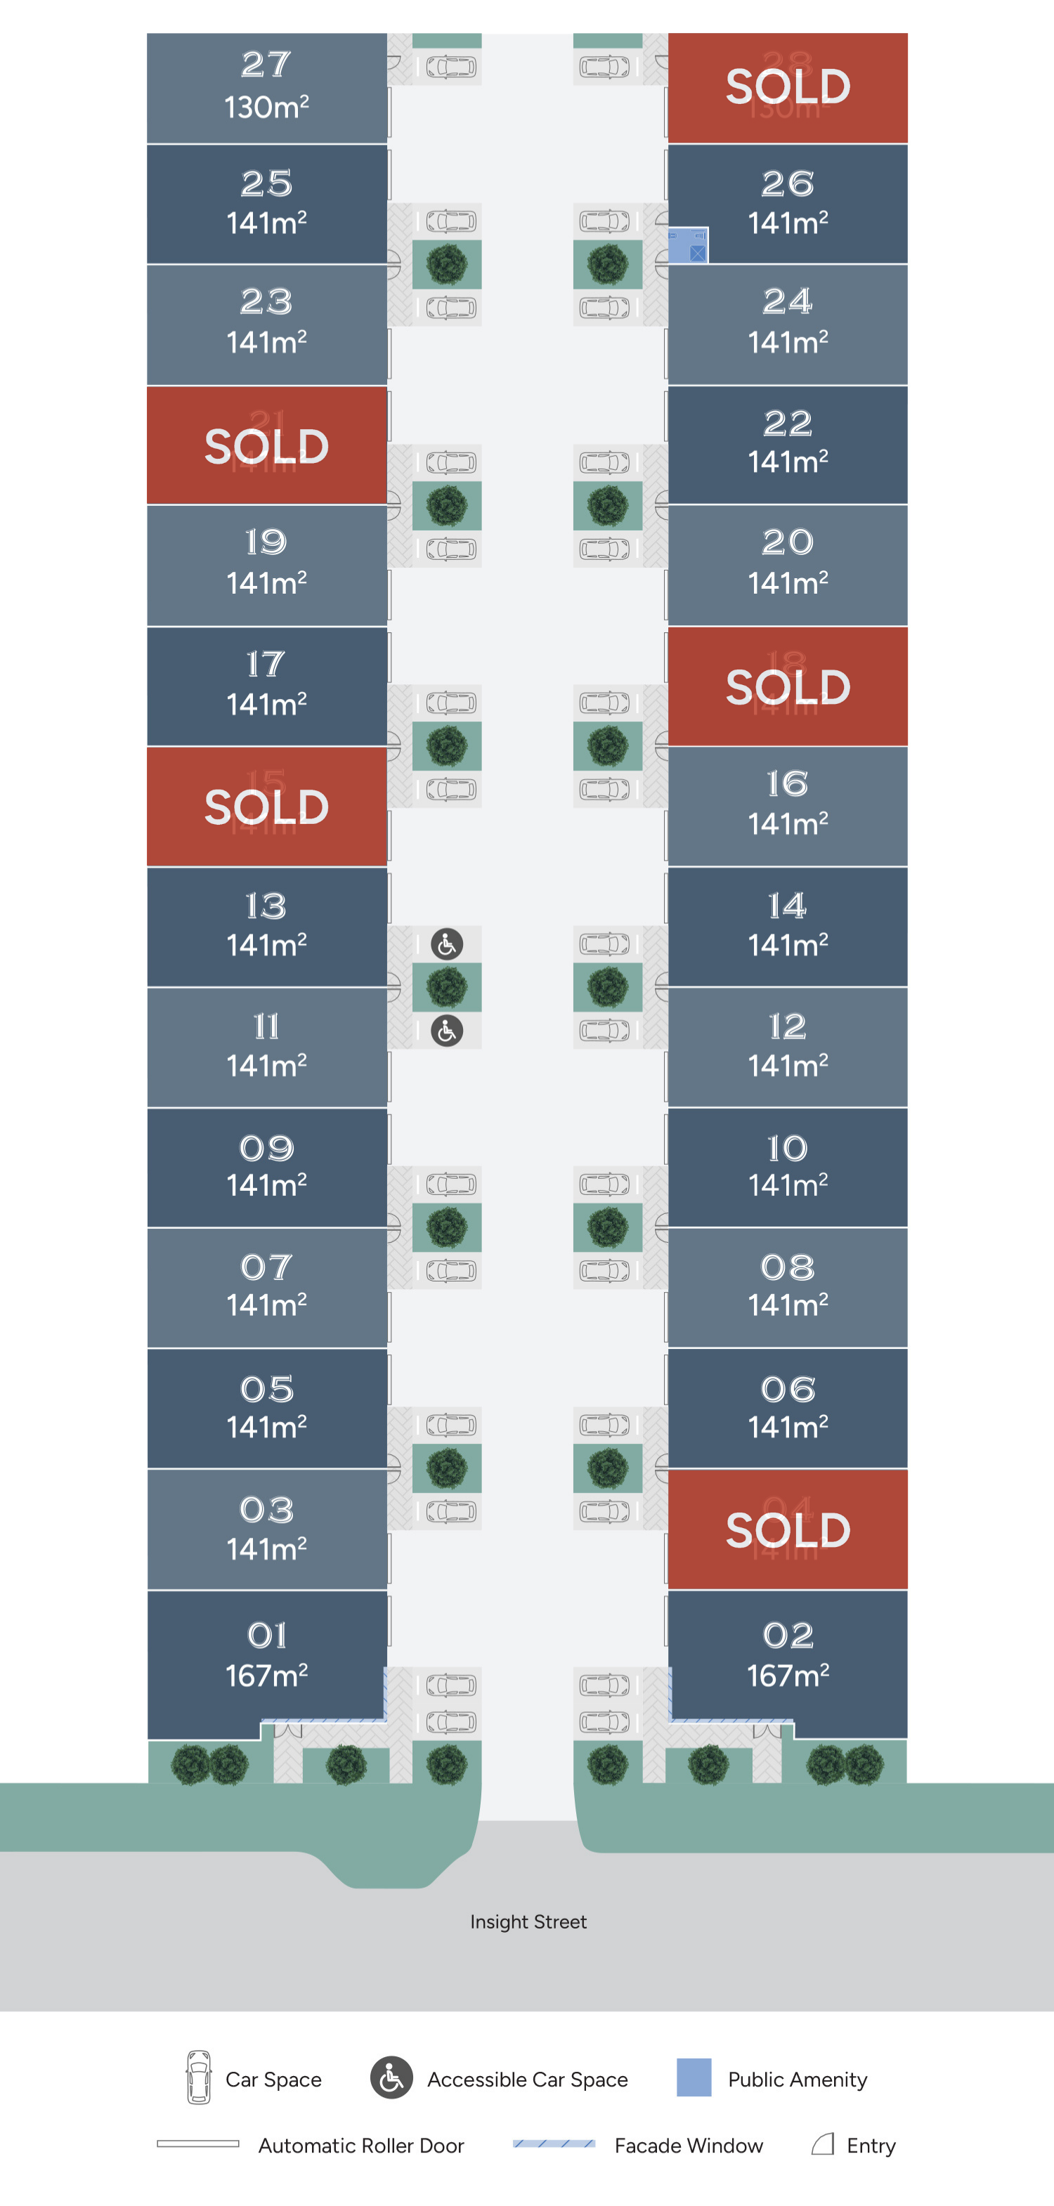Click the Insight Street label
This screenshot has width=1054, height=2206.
528,1921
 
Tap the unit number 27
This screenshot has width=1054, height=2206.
266,64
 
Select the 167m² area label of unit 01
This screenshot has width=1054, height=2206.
266,1675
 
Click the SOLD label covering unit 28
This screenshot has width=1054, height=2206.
788,86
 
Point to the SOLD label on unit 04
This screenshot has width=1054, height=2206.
788,1529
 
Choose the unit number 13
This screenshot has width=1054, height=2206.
266,906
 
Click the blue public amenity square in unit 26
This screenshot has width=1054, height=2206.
687,247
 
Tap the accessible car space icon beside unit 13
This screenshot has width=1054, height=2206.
446,944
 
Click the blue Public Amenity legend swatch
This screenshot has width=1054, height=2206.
694,2077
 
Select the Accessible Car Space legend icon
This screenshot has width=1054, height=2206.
391,2077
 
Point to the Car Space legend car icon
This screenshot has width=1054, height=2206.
199,2077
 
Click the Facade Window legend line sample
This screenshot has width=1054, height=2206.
554,2143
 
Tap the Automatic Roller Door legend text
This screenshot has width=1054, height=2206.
360,2145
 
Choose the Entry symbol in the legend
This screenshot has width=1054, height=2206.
823,2143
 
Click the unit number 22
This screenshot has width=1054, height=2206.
788,423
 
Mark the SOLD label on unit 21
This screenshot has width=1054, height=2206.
266,446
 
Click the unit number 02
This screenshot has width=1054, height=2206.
788,1636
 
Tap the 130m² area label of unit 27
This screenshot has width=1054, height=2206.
266,107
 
